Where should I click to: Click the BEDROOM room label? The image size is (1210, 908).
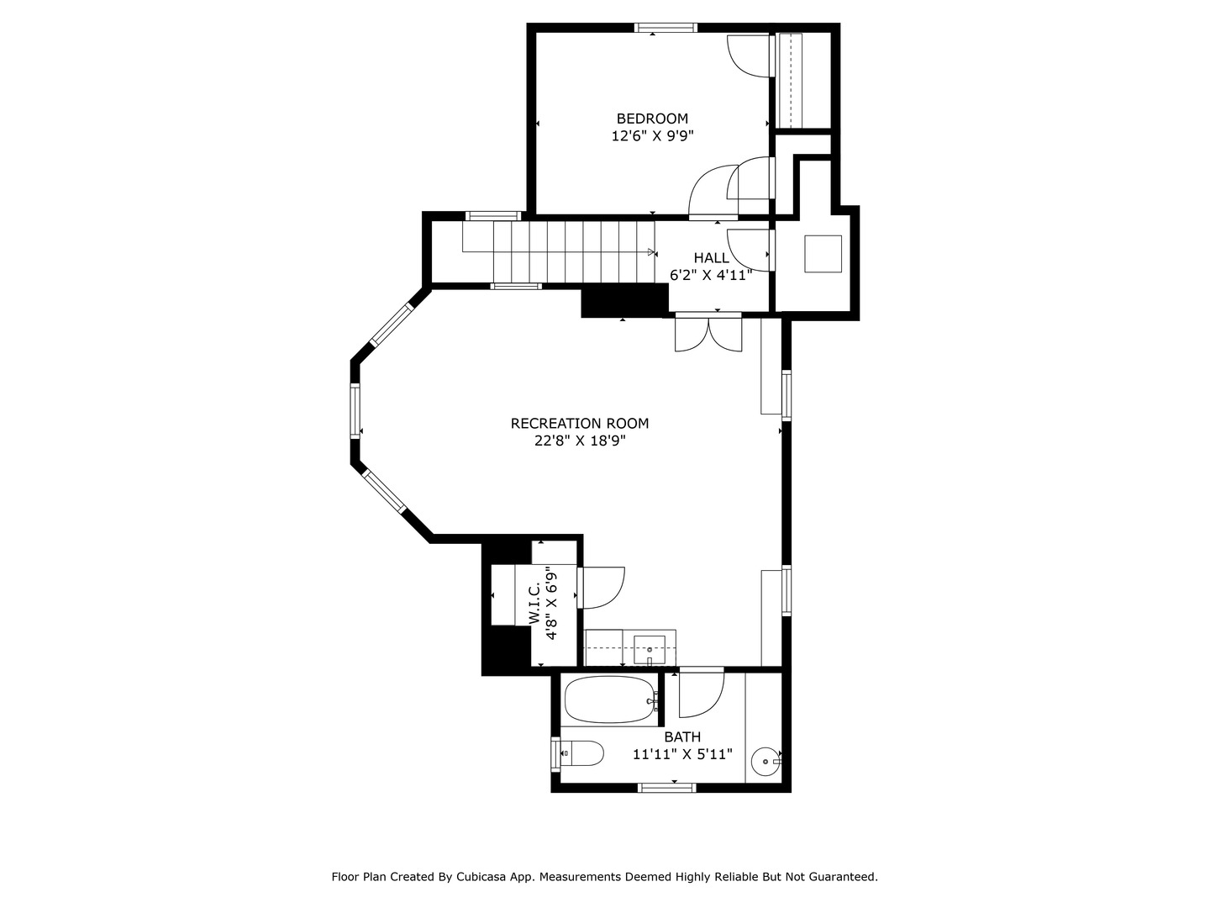click(652, 119)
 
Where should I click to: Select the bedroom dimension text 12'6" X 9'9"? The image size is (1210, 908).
click(652, 135)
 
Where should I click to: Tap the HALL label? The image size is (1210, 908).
click(711, 257)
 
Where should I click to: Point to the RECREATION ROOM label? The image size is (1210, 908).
click(580, 423)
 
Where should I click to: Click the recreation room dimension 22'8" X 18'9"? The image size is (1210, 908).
click(580, 440)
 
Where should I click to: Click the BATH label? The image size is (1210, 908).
click(682, 737)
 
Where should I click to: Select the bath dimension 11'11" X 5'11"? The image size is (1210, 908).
click(682, 754)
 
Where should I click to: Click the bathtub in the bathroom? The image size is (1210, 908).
click(610, 700)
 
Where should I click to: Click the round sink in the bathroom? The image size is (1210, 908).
click(765, 762)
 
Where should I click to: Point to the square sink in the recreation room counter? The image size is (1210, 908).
click(650, 650)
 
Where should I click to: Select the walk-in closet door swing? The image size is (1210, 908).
click(602, 587)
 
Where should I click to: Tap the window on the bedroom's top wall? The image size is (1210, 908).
click(665, 28)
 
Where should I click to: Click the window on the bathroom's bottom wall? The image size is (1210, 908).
click(667, 788)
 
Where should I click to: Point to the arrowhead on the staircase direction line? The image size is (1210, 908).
click(652, 251)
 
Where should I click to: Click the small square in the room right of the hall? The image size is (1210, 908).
click(823, 254)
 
